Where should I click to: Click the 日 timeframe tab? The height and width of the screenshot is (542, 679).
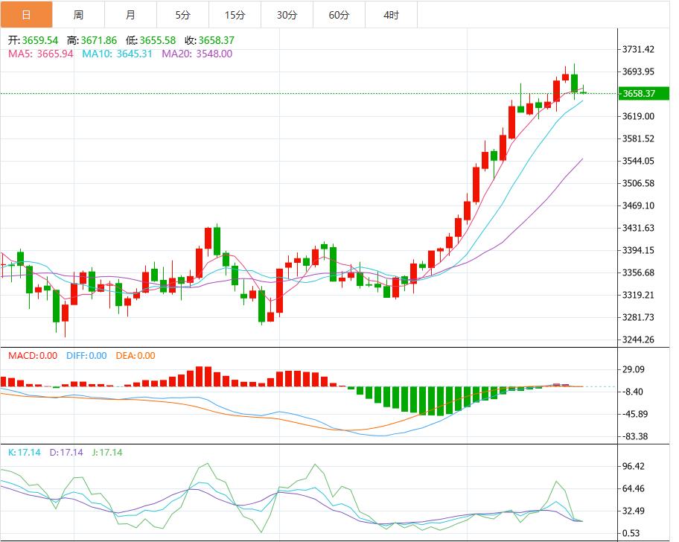pos(26,15)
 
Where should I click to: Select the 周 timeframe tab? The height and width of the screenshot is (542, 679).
pos(78,15)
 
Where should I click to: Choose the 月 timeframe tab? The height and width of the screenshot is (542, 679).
pos(130,15)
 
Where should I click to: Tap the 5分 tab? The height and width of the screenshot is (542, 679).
pos(182,15)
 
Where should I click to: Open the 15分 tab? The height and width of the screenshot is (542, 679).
pos(235,15)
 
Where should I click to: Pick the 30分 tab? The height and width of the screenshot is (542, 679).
pos(287,15)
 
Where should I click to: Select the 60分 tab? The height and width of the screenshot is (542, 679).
pos(339,15)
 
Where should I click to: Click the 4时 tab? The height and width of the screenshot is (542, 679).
pos(391,15)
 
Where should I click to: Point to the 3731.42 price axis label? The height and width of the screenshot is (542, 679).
pos(639,49)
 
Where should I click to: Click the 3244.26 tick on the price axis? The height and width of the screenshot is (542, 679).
pos(639,339)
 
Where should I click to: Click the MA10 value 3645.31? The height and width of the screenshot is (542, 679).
pos(135,54)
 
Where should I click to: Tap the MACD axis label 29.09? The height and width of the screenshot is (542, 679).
pos(638,369)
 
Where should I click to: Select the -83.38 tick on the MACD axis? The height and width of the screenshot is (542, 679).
pos(638,436)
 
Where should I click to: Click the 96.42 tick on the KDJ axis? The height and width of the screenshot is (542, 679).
pos(638,466)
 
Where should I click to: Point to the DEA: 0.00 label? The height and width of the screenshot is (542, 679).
pos(136,356)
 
